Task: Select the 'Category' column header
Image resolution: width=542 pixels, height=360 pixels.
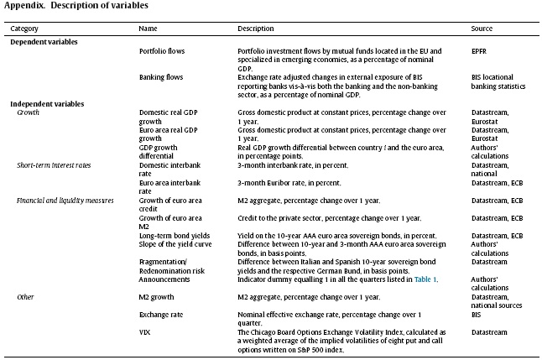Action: click(x=24, y=29)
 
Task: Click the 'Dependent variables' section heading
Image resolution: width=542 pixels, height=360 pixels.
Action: click(x=44, y=40)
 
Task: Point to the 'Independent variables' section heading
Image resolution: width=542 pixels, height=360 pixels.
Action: click(x=47, y=103)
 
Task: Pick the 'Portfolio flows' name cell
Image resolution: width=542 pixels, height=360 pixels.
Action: click(x=162, y=51)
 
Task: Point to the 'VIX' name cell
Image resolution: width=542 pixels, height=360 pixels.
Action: click(x=145, y=332)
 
